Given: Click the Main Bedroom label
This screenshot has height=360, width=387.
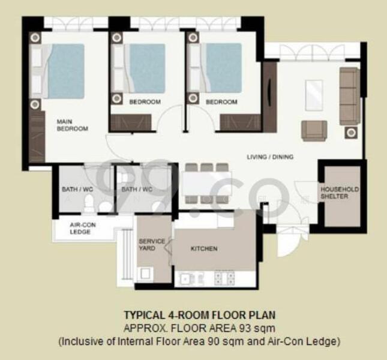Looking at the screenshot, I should click(72, 125).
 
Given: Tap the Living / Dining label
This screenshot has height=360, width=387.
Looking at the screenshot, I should click(270, 157).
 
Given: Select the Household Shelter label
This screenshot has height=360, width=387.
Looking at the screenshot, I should click(339, 193).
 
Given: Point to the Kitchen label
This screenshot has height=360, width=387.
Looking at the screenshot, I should click(204, 248).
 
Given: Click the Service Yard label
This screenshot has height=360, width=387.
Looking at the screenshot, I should click(152, 244).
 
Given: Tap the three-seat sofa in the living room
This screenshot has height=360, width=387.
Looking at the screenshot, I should click(349, 96).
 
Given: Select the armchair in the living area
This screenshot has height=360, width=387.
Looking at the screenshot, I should click(314, 130).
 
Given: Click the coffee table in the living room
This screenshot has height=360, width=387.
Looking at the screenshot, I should click(314, 95).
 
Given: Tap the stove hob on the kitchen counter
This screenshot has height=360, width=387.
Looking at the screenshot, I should click(224, 277).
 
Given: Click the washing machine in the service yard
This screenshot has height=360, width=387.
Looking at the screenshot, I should click(146, 274).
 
